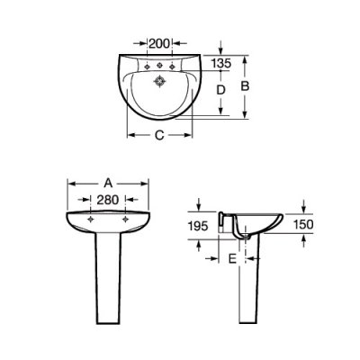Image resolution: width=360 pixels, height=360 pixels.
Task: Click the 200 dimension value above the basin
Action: (159, 44)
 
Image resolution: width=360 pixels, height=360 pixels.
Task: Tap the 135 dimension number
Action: (220, 63)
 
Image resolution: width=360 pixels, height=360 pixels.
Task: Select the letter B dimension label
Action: (245, 86)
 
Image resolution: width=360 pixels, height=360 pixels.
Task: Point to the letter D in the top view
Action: (220, 90)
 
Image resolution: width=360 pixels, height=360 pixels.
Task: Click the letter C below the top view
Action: (159, 135)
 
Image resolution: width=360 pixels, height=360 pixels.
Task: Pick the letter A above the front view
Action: (108, 183)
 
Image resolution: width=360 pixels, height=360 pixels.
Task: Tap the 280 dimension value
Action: (108, 200)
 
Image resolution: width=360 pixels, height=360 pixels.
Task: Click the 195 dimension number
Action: (198, 226)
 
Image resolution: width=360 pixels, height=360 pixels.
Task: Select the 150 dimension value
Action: (303, 224)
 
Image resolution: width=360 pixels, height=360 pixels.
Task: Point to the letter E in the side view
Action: (232, 258)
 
